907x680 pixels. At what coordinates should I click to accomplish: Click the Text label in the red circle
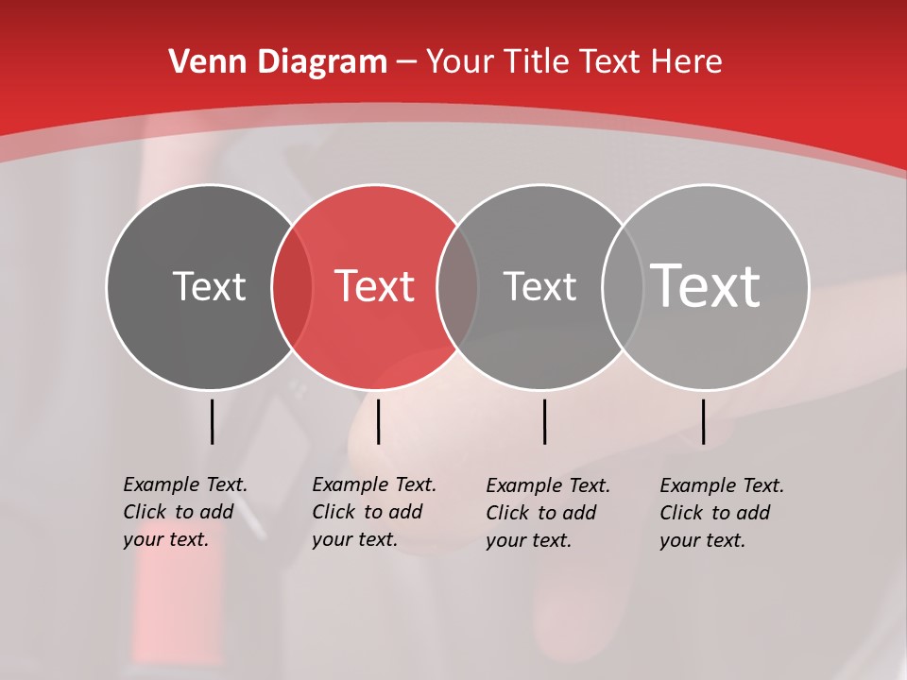pos(375,286)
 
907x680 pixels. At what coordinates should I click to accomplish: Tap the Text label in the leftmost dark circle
pos(209,286)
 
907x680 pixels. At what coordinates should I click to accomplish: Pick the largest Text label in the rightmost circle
pos(706,285)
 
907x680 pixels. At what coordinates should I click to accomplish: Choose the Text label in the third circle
pos(539,286)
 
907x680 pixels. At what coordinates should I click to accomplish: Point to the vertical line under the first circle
pos(212,421)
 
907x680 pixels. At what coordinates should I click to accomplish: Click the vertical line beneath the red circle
pos(378,421)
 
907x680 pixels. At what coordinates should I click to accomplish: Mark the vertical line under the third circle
pos(544,421)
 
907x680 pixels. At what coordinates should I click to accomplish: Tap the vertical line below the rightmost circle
pos(703,421)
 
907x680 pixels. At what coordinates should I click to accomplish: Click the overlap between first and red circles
pos(292,286)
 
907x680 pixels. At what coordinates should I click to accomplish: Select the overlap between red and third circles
pos(458,286)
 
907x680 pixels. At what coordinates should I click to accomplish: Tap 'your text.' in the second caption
pos(354,539)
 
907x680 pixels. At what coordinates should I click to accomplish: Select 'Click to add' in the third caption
pos(541,513)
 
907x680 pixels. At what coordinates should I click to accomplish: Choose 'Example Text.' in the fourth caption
pos(722,485)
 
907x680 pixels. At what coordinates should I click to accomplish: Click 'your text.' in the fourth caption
pos(702,540)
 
